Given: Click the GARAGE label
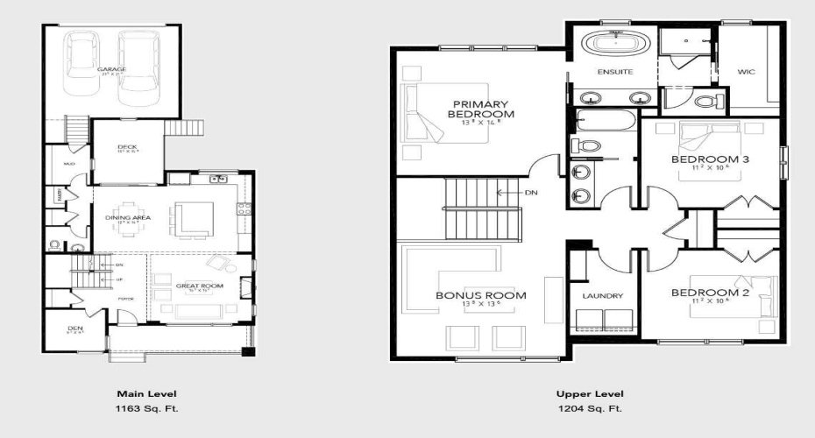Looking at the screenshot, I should tap(111, 68).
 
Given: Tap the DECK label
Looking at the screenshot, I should tap(127, 146).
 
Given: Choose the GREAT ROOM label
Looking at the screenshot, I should tap(199, 286).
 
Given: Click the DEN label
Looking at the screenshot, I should tap(74, 328).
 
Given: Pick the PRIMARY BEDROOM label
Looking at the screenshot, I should tap(480, 109).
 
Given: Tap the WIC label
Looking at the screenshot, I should tap(746, 72).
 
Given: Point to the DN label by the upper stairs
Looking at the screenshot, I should tap(530, 192).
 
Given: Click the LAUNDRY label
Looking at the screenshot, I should tap(602, 296).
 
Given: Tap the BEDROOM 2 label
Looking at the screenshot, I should tap(710, 293).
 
